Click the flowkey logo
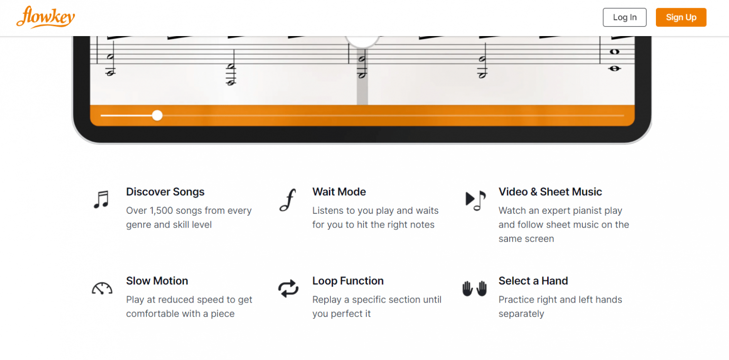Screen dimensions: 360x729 point(46,17)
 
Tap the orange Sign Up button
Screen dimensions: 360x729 point(681,18)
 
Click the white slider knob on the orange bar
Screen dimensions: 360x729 point(157,115)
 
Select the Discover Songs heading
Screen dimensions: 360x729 point(165,192)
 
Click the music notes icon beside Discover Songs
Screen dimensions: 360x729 point(101,200)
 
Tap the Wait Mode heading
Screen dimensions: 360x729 point(339,192)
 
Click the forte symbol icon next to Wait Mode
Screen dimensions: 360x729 point(287,200)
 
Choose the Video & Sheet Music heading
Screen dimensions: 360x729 point(550,192)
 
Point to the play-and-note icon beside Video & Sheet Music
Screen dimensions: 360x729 point(475,200)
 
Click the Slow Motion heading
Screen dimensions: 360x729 point(157,281)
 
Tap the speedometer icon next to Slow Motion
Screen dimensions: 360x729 point(102,288)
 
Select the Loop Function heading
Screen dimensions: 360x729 point(348,281)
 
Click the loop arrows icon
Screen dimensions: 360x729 point(288,288)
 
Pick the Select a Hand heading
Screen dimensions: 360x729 point(533,281)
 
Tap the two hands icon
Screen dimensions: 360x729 point(475,288)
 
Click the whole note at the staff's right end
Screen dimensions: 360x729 point(615,52)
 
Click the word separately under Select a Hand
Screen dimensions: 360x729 point(521,313)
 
